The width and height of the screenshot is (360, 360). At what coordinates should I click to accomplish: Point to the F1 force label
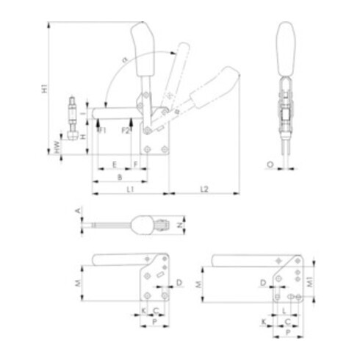102,130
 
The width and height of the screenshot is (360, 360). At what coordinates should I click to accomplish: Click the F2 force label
126,130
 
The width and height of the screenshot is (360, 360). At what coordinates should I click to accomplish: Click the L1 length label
129,190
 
